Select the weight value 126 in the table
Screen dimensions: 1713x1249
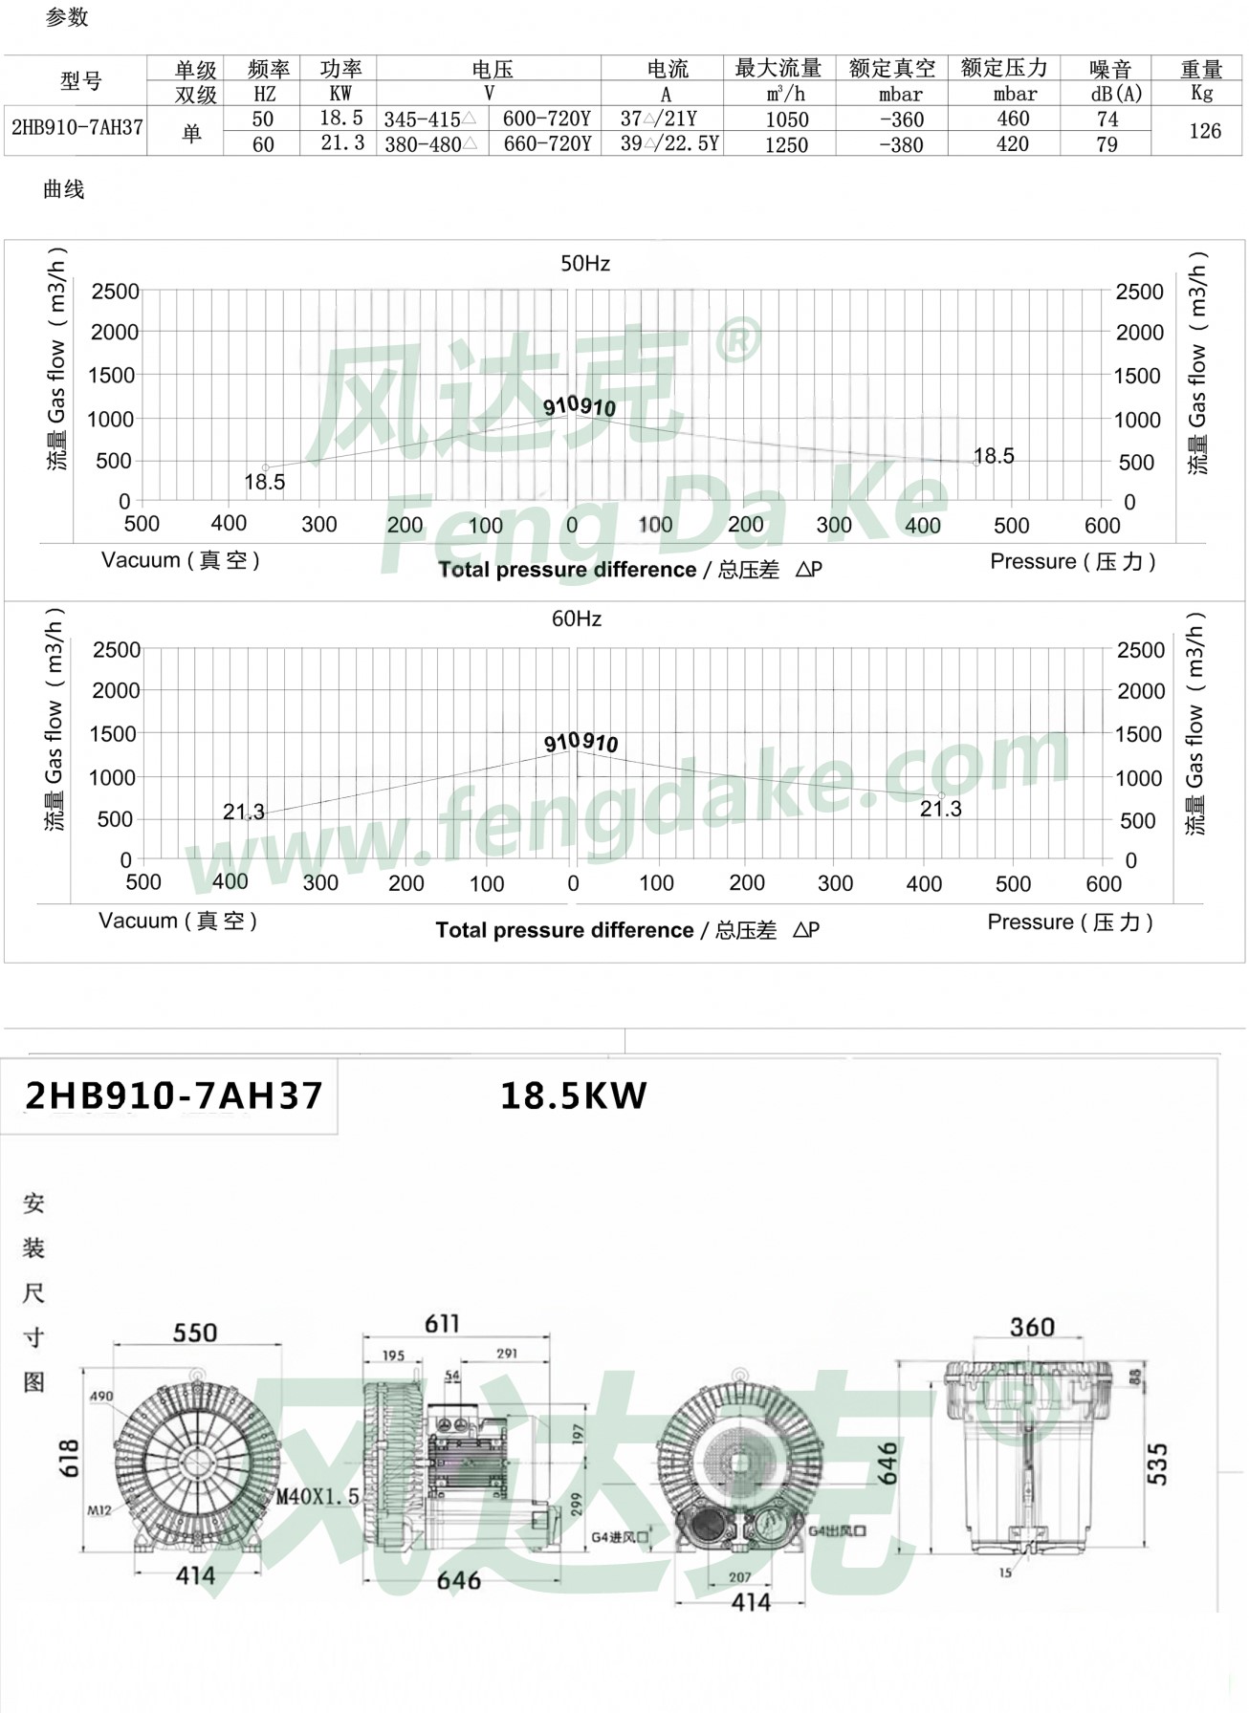[1204, 131]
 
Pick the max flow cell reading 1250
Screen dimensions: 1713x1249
[785, 145]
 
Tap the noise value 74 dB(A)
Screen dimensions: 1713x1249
[1107, 119]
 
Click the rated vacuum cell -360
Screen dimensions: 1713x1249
[901, 119]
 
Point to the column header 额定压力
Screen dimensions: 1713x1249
[1004, 69]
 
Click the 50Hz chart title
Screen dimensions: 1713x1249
[584, 264]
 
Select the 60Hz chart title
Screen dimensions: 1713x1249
[576, 619]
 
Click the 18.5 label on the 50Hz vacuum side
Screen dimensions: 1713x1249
[264, 482]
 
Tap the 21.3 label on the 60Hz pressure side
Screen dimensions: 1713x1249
[940, 810]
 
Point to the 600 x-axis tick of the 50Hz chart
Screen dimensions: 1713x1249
[1102, 526]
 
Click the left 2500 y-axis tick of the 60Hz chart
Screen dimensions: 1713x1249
[116, 650]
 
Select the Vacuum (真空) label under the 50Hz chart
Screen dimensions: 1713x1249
[181, 560]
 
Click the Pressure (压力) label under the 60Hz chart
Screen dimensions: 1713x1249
[1070, 922]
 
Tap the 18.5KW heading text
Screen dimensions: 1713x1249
[573, 1095]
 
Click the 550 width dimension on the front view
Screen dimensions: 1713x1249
[195, 1333]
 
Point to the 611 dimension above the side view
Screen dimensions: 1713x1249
[442, 1324]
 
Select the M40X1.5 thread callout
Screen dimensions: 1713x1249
[318, 1496]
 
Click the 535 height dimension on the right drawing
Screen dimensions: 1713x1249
[1156, 1464]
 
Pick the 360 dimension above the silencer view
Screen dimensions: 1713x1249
[1031, 1327]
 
